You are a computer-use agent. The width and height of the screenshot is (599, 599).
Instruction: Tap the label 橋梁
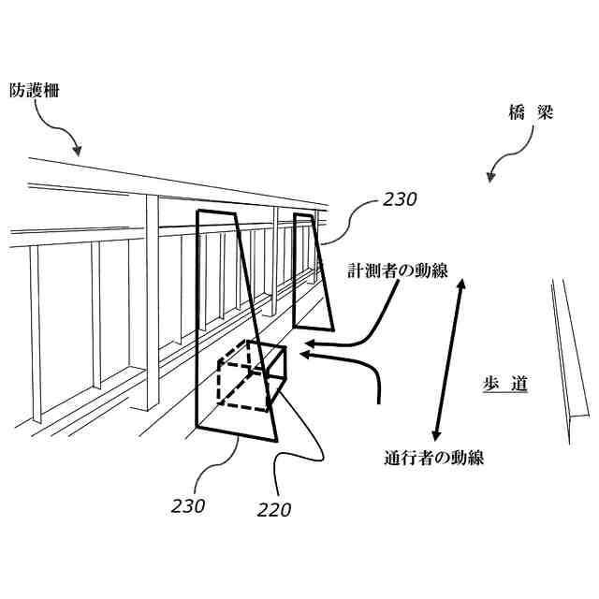tap(532, 114)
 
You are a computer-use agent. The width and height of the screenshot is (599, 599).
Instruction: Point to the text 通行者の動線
tap(433, 459)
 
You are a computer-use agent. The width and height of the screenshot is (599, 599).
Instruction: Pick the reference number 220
tap(273, 510)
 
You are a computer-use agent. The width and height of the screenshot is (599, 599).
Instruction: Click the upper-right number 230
tap(399, 198)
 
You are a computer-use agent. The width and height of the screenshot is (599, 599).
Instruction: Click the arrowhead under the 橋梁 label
tap(489, 177)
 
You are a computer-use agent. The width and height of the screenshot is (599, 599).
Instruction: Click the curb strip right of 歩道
tap(570, 360)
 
